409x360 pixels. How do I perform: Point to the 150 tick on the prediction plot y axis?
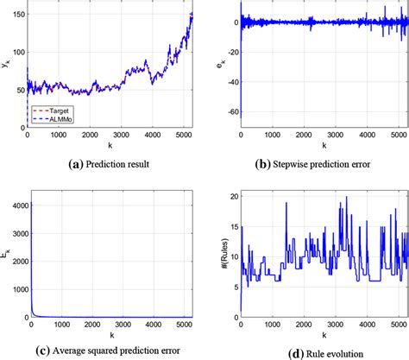click(19, 15)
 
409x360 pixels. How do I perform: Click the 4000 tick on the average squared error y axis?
click(16, 205)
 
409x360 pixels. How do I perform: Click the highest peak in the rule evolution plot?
click(345, 199)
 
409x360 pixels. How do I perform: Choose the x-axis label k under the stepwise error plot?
click(322, 147)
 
